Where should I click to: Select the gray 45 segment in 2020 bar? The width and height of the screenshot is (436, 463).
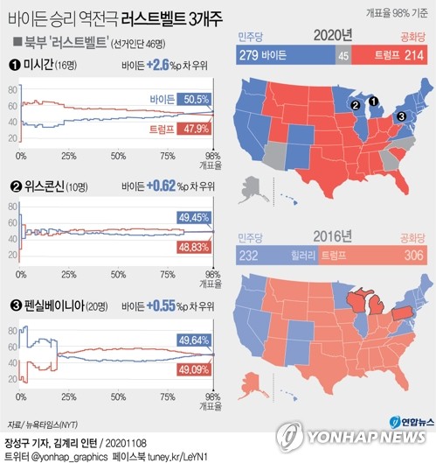click(x=343, y=55)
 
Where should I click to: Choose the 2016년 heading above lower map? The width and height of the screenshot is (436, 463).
click(x=336, y=235)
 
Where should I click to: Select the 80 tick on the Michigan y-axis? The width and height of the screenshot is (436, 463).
click(x=11, y=90)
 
